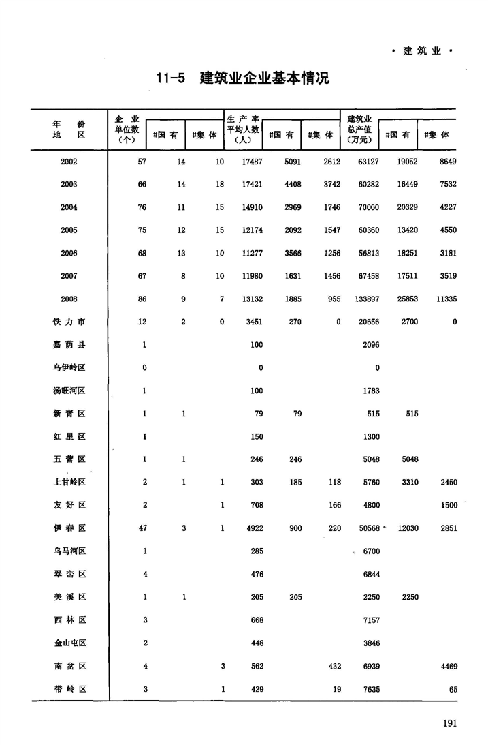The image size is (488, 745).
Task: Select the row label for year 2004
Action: [x=69, y=207]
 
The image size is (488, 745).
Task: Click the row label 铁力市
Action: [x=69, y=322]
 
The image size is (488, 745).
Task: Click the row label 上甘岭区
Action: [x=69, y=483]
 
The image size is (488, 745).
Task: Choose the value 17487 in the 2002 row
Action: [x=253, y=162]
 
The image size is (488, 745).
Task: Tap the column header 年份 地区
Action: [x=69, y=130]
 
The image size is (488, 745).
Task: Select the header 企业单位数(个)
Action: [x=127, y=130]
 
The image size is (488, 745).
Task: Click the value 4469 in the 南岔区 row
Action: [x=446, y=666]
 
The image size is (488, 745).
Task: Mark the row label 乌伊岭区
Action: [x=69, y=368]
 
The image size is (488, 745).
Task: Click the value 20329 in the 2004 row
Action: [x=406, y=207]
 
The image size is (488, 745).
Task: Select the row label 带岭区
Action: [x=69, y=689]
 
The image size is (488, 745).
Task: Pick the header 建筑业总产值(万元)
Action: [x=359, y=130]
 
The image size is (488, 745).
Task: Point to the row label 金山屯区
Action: [x=69, y=643]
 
